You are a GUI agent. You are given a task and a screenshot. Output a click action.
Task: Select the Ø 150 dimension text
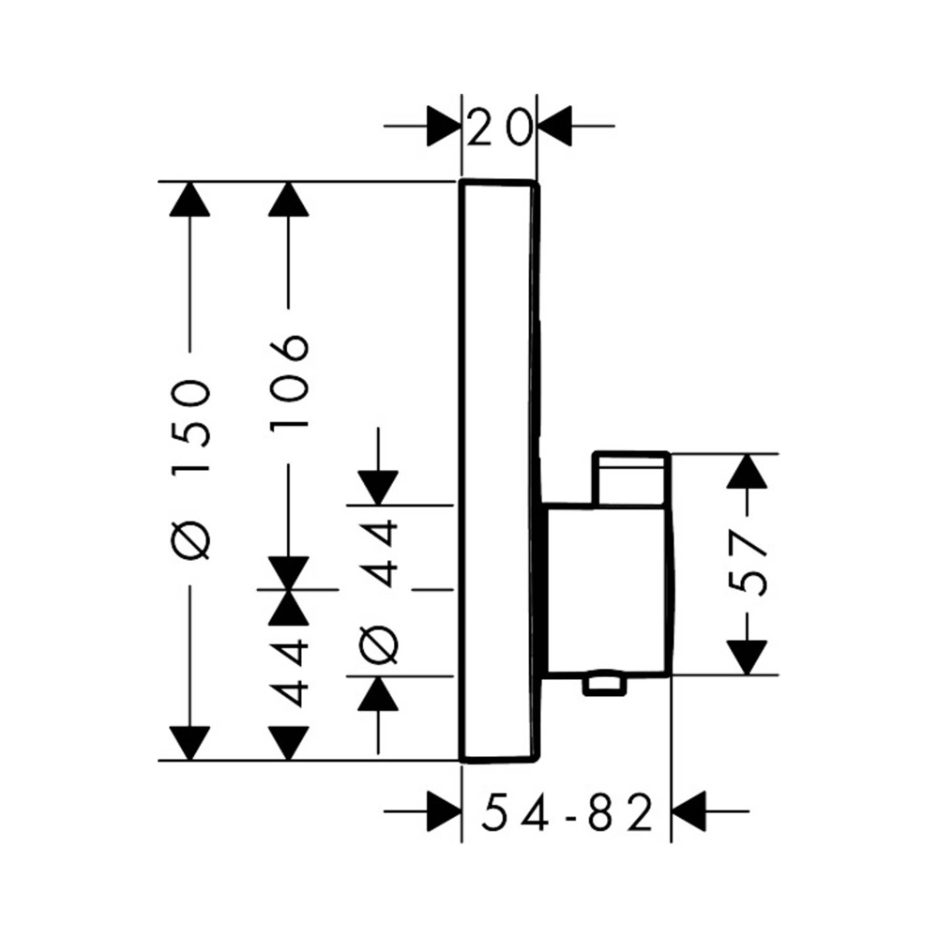[192, 468]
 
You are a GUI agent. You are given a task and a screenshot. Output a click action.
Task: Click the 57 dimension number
[749, 563]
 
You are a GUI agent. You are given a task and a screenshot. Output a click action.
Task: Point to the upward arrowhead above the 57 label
[748, 471]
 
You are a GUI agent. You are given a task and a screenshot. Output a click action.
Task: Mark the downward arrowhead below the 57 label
[748, 657]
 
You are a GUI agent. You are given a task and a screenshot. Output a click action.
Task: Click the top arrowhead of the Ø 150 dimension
[191, 199]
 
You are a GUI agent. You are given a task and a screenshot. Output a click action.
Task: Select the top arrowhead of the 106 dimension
[289, 199]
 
